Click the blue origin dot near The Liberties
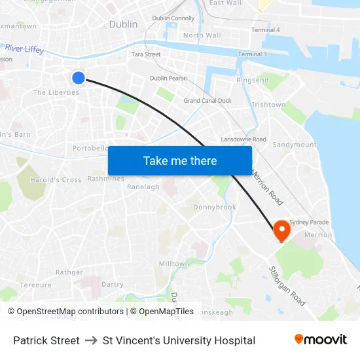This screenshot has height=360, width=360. (x=79, y=78)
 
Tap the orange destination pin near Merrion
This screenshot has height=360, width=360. (x=281, y=229)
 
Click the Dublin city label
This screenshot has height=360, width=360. (x=123, y=24)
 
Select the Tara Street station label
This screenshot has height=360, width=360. (x=146, y=54)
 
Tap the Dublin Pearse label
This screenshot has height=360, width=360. (x=168, y=78)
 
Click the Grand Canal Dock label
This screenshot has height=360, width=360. (x=207, y=101)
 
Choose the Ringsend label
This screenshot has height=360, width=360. (x=252, y=81)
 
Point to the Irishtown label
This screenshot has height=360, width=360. (x=268, y=105)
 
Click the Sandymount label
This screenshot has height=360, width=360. (x=294, y=145)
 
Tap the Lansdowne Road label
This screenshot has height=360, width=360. (x=243, y=139)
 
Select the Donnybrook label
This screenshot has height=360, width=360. (x=215, y=207)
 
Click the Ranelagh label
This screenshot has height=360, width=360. (x=143, y=187)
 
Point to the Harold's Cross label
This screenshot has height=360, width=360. (x=56, y=180)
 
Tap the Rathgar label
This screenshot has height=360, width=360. (x=69, y=272)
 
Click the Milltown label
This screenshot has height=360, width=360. (x=174, y=264)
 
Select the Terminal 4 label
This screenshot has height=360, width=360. (x=265, y=30)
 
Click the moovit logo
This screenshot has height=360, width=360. (x=321, y=340)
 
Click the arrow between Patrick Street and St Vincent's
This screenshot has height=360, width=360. (x=91, y=340)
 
